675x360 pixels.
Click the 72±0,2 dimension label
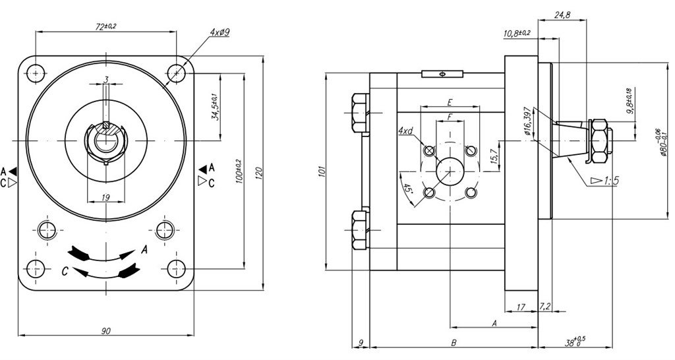(x=105, y=26)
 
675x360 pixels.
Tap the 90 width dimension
(x=106, y=330)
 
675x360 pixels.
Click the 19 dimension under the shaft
(x=106, y=196)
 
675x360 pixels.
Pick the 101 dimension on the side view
(x=321, y=173)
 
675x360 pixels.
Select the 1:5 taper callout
(x=604, y=179)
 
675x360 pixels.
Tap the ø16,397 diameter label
(x=527, y=121)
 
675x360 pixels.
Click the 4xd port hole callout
(x=405, y=131)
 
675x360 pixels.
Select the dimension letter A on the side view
(x=494, y=322)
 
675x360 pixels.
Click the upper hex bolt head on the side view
(x=358, y=113)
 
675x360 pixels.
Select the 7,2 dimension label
(x=545, y=307)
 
